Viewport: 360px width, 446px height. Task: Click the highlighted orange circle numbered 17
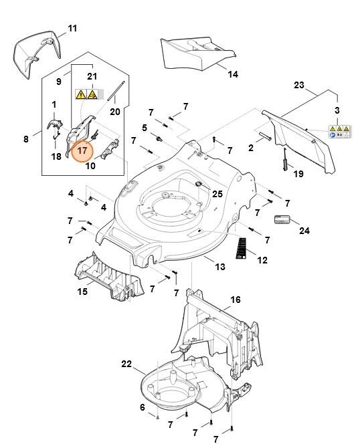[x=82, y=150]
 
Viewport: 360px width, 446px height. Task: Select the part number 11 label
[x=72, y=28]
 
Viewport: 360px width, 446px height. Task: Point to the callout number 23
[x=299, y=85]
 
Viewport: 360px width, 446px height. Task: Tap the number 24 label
[x=304, y=231]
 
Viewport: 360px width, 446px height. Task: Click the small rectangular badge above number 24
[x=282, y=219]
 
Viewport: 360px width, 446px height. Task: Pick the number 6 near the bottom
[x=142, y=407]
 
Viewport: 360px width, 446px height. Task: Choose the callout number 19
[x=299, y=174]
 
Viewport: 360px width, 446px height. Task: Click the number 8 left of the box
[x=26, y=139]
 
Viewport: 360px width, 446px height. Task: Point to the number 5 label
[x=144, y=127]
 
